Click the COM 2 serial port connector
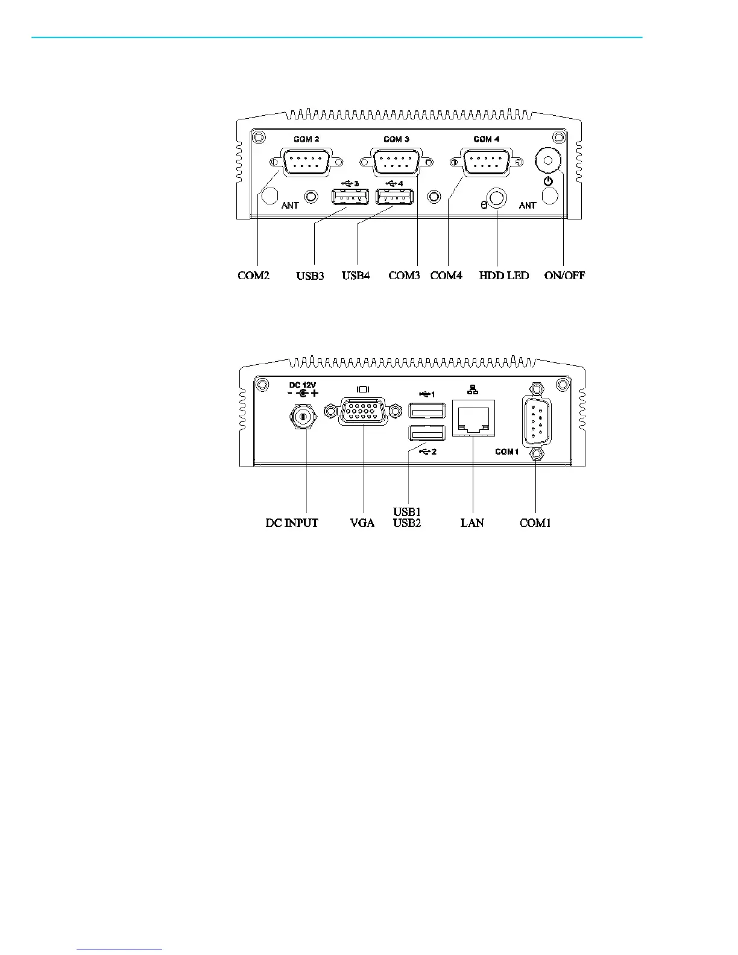coord(306,162)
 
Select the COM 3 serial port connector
coord(396,162)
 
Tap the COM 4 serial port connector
coord(486,162)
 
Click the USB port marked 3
coord(350,197)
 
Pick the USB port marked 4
coord(394,197)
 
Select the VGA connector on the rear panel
coord(363,412)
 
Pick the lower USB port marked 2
coord(427,433)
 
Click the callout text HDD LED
coord(504,276)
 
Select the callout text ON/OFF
coord(564,276)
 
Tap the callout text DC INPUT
coord(292,523)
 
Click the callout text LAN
coord(472,523)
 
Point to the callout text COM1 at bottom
coord(535,523)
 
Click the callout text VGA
coord(362,523)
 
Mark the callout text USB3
coord(310,276)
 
